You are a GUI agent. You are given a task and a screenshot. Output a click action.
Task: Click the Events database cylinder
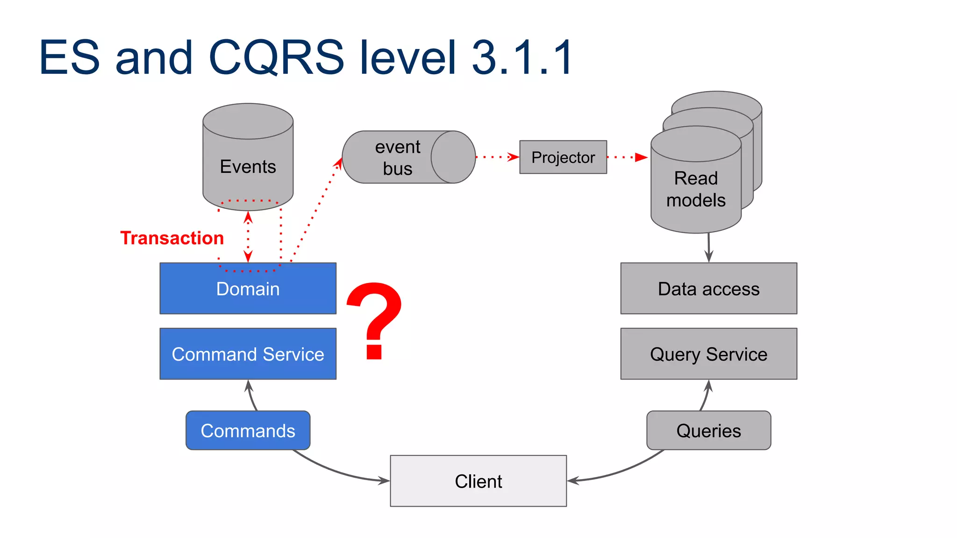pyautogui.click(x=248, y=159)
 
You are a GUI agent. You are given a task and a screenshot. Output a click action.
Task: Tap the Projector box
pyautogui.click(x=563, y=157)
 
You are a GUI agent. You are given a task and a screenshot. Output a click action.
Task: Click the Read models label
pyautogui.click(x=695, y=189)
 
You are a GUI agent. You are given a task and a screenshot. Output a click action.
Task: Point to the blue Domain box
pyautogui.click(x=248, y=289)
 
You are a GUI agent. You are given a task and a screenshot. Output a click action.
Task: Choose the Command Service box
pyautogui.click(x=248, y=354)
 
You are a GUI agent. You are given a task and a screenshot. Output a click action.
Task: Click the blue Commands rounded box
pyautogui.click(x=248, y=431)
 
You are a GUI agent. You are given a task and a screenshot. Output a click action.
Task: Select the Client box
pyautogui.click(x=478, y=481)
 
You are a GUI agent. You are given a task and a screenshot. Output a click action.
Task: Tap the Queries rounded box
pyautogui.click(x=708, y=431)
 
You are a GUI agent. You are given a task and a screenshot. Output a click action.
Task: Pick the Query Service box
pyautogui.click(x=708, y=354)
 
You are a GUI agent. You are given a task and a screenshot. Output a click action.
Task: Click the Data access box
pyautogui.click(x=708, y=289)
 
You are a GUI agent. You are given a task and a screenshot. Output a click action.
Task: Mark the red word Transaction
pyautogui.click(x=172, y=238)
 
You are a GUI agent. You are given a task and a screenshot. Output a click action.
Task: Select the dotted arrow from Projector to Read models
pyautogui.click(x=627, y=157)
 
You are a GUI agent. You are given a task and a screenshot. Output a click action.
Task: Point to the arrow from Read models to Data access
pyautogui.click(x=709, y=248)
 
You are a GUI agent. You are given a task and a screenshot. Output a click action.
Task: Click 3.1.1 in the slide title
pyautogui.click(x=522, y=57)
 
